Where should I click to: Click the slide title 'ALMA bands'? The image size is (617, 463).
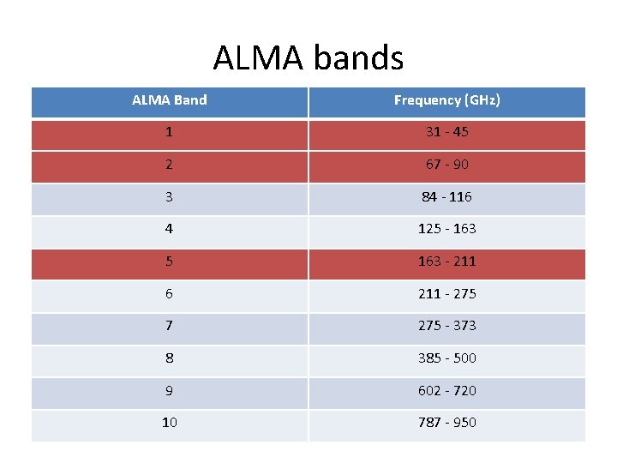click(308, 58)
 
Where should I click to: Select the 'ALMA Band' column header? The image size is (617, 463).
click(170, 100)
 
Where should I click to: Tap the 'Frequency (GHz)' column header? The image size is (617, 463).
click(446, 100)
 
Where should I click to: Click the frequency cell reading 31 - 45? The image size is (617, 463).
click(446, 133)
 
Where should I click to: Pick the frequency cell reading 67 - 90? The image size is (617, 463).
click(446, 165)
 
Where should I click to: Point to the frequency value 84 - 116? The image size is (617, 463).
click(446, 197)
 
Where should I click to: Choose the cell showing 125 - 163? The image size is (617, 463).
click(446, 229)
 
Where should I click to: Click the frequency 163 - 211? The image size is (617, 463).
click(446, 262)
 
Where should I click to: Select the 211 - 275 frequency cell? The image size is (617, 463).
click(446, 294)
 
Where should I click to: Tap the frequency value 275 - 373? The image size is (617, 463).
click(446, 326)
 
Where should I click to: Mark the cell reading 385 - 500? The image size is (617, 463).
click(446, 358)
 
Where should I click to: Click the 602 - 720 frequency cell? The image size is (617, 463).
click(446, 391)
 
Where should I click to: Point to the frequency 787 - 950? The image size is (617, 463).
click(446, 423)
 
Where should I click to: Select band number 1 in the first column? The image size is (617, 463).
click(170, 133)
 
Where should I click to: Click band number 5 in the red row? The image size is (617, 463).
click(170, 262)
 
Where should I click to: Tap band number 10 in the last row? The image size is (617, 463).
click(170, 423)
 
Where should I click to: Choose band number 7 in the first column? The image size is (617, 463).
click(170, 326)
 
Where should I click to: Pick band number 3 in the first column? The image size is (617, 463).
click(170, 197)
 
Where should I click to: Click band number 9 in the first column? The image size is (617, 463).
click(170, 391)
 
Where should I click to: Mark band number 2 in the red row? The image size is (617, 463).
click(170, 165)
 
